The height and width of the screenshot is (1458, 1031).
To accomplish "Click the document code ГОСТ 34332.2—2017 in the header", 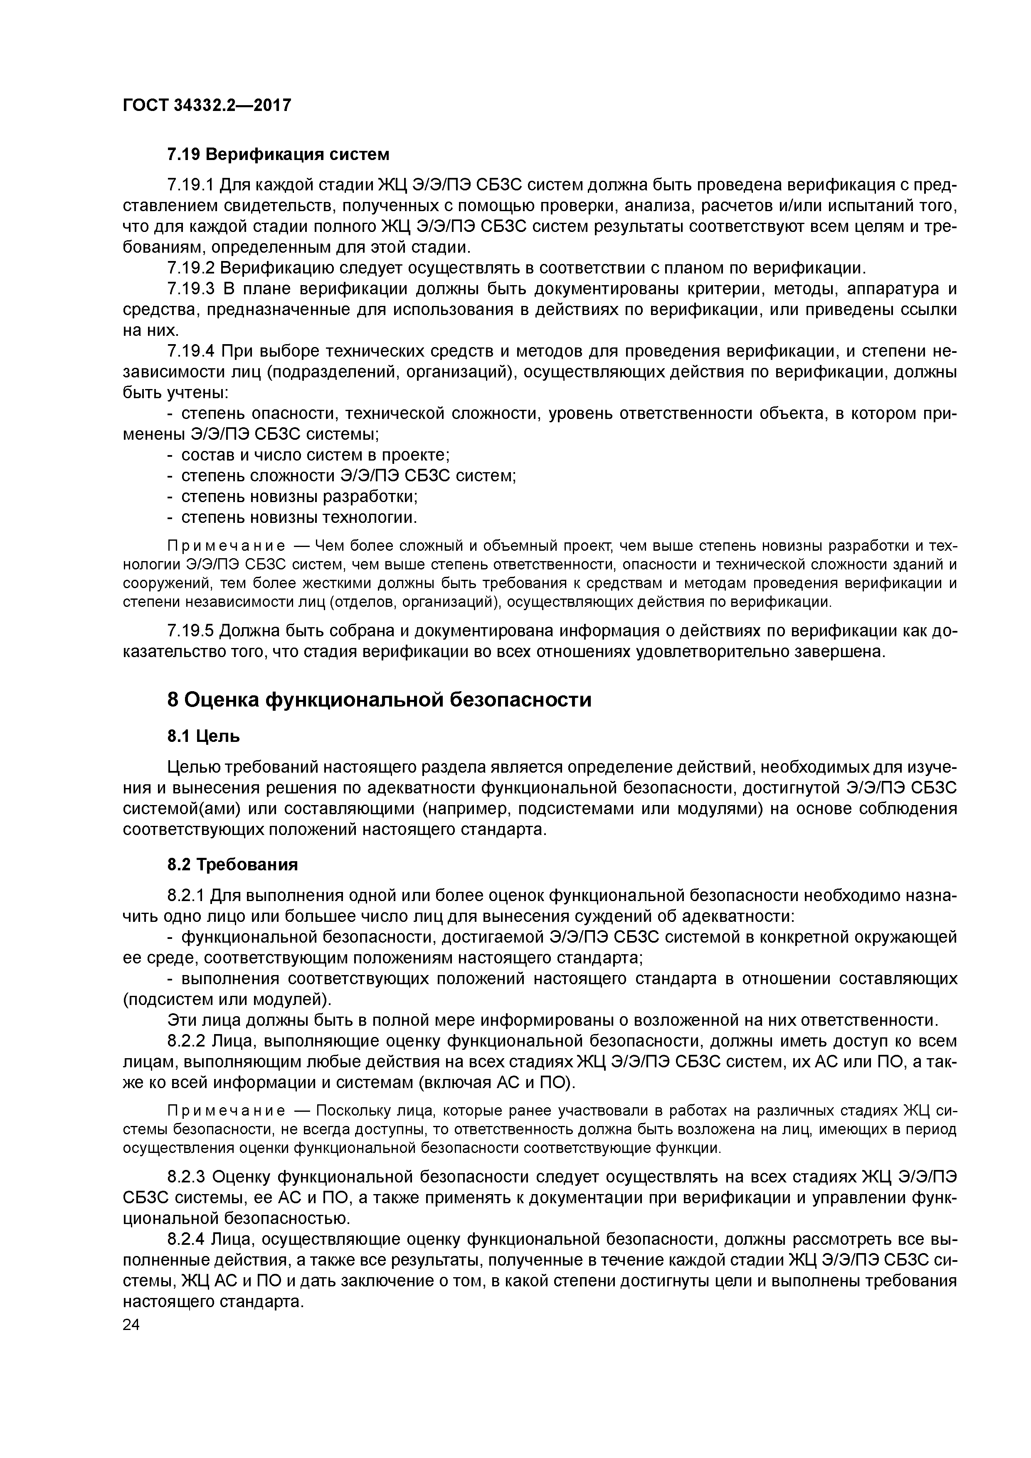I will (x=207, y=105).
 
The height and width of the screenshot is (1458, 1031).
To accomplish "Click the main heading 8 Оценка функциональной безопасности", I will (x=379, y=700).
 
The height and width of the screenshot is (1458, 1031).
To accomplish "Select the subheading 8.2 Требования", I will (x=232, y=865).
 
